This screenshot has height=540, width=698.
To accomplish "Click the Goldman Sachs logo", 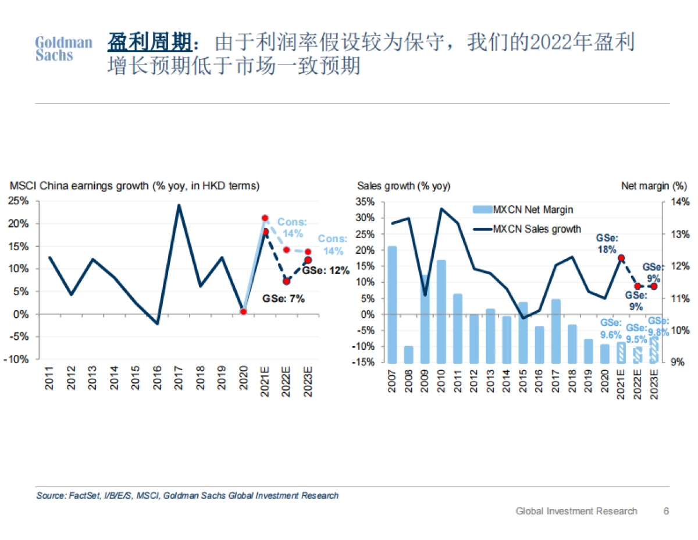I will click(x=63, y=49).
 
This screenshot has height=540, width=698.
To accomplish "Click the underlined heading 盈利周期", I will click(x=149, y=42).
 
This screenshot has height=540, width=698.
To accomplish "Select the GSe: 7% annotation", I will click(x=283, y=299).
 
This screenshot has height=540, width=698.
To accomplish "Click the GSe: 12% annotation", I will click(x=326, y=271).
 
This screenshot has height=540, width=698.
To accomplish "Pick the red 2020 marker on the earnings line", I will click(x=243, y=311).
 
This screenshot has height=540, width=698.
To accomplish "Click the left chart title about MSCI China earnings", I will click(x=134, y=186).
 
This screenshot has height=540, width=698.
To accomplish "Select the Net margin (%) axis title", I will click(x=654, y=186).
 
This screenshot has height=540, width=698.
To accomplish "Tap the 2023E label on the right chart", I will click(x=654, y=382).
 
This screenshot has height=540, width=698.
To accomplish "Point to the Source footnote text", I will click(x=187, y=496).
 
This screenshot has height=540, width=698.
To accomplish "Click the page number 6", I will click(x=666, y=511).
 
